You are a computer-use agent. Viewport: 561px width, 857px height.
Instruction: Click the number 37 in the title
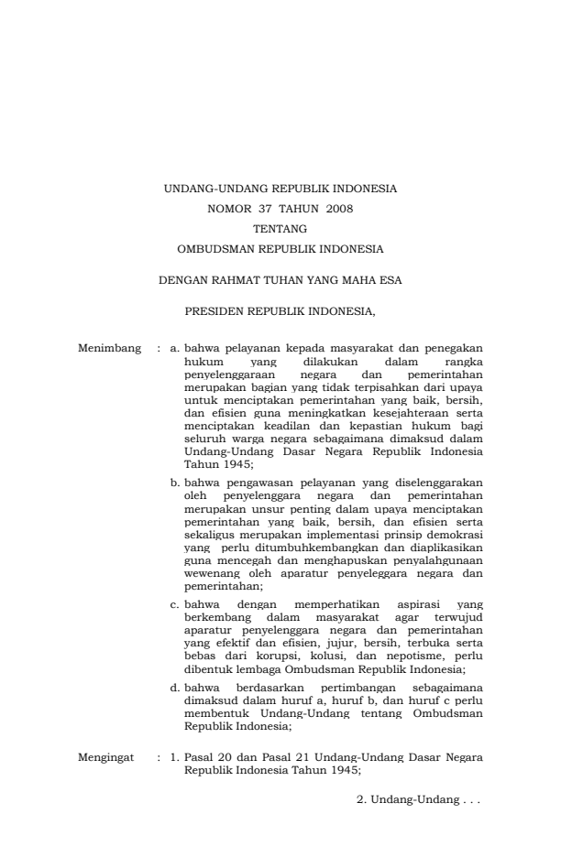pos(266,209)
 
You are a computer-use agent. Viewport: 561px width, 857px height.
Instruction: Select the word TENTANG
pos(280,228)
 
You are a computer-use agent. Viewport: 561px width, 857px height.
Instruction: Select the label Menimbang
pos(110,349)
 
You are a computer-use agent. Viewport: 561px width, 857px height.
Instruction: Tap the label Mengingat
pos(109,758)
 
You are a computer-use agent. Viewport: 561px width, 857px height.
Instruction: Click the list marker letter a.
pos(175,349)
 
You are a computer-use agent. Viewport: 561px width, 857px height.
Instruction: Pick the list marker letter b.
pos(175,481)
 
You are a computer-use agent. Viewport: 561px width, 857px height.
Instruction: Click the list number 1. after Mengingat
pos(174,758)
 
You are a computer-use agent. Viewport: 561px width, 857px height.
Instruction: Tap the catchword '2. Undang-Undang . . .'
pos(418,799)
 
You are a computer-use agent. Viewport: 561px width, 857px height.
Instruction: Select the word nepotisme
pos(410,656)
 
